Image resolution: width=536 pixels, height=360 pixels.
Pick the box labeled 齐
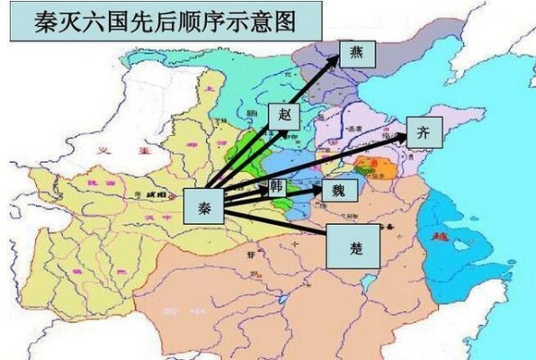424,132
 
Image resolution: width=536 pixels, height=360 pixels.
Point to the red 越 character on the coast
440,238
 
